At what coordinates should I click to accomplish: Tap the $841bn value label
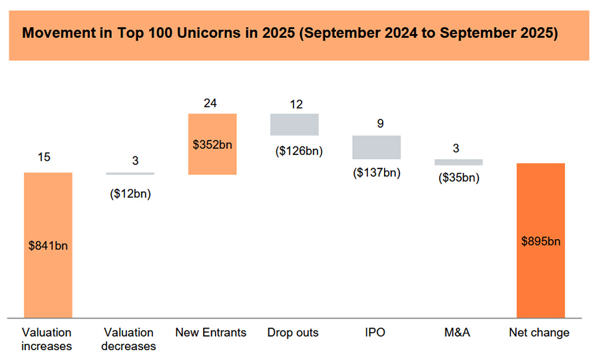(48, 246)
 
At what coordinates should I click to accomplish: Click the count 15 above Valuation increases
(44, 157)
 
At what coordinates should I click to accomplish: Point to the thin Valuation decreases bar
(130, 174)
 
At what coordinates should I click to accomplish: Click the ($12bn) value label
(130, 195)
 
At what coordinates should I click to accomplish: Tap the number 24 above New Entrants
(211, 103)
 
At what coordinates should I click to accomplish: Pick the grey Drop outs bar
(294, 124)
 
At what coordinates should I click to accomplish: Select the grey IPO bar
(376, 147)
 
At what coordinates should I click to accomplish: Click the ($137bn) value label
(376, 173)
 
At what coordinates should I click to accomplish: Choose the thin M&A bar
(459, 162)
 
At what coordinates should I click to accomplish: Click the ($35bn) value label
(459, 178)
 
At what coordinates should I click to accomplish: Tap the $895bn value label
(540, 241)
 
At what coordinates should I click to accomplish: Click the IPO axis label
(375, 332)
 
